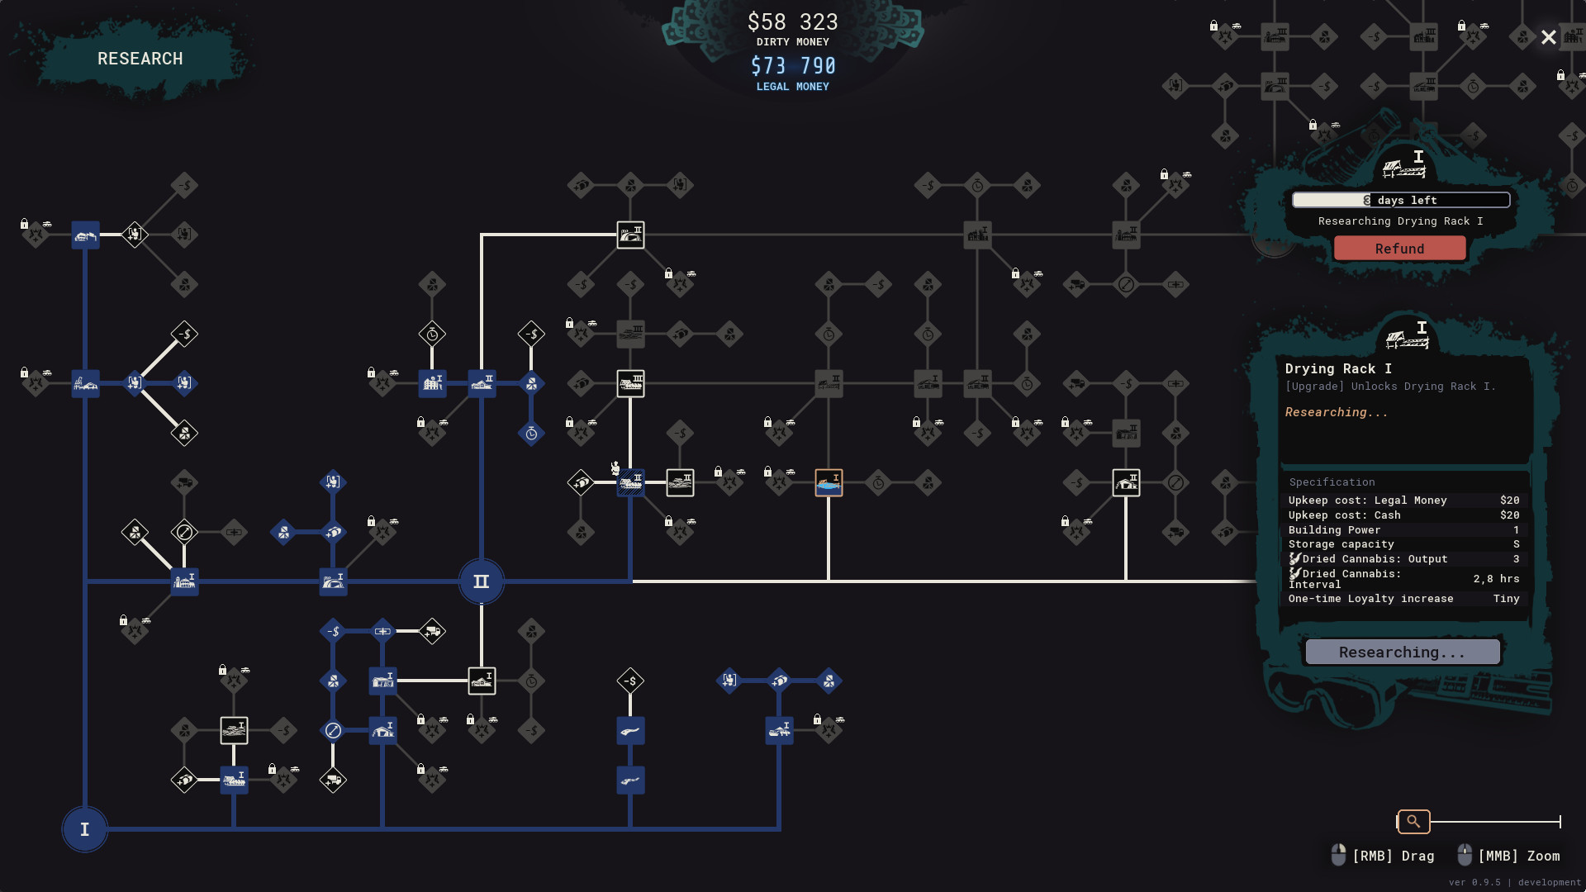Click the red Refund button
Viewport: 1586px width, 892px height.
(1399, 249)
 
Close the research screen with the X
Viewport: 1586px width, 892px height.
(1549, 38)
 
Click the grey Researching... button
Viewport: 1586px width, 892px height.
(1402, 652)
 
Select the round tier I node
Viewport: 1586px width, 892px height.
(84, 829)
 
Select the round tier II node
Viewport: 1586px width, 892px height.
(481, 581)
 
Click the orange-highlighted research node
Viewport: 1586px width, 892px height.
(829, 482)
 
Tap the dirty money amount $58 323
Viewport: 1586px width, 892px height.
(792, 22)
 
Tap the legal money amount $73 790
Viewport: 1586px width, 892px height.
(792, 66)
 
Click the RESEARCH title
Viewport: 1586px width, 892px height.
(140, 59)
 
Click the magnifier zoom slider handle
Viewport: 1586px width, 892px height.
(1413, 822)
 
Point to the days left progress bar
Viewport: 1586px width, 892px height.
(1401, 200)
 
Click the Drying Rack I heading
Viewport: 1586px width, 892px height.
(1338, 368)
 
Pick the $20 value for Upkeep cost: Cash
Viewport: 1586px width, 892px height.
(1509, 515)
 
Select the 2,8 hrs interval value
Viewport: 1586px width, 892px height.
(1496, 579)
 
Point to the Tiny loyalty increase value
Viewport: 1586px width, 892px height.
(1506, 599)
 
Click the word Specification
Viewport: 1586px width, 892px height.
(1332, 482)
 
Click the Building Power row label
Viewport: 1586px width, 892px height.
(1334, 530)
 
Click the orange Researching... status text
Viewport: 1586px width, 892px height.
(1336, 412)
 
